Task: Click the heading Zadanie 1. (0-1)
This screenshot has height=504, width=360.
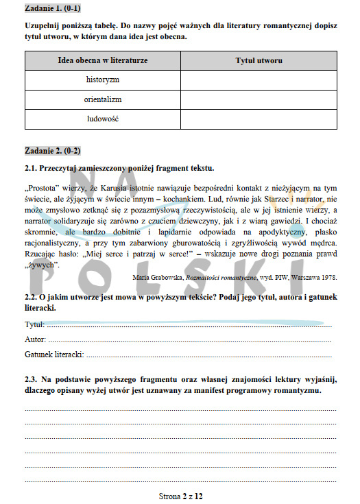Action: point(51,10)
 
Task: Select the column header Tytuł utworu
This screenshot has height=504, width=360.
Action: point(259,61)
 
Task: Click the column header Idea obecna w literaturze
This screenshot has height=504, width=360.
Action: point(103,61)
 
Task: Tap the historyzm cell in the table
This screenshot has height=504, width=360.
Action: point(103,80)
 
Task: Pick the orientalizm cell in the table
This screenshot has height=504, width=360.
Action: point(103,99)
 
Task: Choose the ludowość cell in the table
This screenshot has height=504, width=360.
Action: point(103,119)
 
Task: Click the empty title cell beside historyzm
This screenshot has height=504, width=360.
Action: point(259,80)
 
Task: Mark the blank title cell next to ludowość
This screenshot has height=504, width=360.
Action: point(259,119)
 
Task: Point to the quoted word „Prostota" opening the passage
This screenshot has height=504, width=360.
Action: point(42,187)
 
